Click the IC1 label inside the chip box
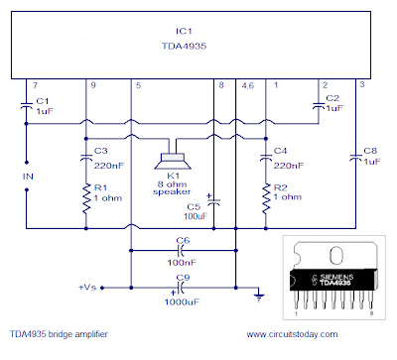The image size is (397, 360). [184, 31]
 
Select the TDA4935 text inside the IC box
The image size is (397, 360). [184, 46]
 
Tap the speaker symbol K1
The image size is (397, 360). [173, 161]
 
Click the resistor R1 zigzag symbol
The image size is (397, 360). [86, 199]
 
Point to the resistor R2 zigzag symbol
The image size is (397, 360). [266, 198]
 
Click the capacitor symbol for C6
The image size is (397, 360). [181, 251]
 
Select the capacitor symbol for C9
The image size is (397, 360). [181, 288]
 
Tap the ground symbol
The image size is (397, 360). [259, 298]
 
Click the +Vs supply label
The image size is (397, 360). [87, 288]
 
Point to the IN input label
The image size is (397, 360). [28, 177]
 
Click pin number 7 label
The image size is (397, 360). [35, 85]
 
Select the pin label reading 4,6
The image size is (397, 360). [248, 86]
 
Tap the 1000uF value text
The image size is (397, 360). [182, 302]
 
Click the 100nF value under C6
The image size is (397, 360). [182, 263]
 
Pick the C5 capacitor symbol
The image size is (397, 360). [214, 201]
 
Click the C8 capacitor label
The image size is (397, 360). [370, 151]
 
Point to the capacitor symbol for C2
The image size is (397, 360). [319, 106]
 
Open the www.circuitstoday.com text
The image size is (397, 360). [292, 334]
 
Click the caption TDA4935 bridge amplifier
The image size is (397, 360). [59, 334]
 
